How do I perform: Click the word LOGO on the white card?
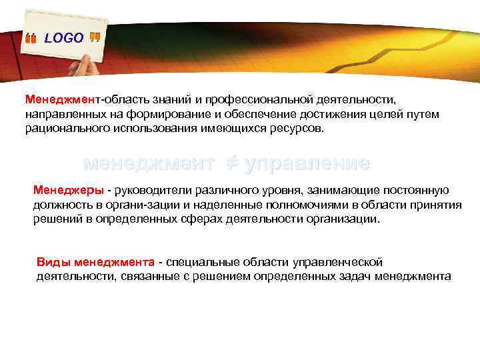pyautogui.click(x=64, y=39)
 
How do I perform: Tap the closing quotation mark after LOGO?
pyautogui.click(x=95, y=37)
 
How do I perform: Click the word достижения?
pyautogui.click(x=325, y=114)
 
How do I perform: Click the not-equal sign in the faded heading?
pyautogui.click(x=230, y=163)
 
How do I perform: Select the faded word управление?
pyautogui.click(x=307, y=163)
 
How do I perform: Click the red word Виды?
pyautogui.click(x=53, y=262)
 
